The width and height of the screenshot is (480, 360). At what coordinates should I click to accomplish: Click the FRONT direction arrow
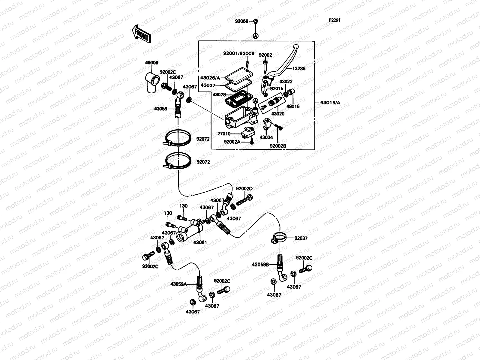(141, 34)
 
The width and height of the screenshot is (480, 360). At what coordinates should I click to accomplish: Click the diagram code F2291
(334, 20)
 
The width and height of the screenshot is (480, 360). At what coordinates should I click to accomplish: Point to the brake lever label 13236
(299, 68)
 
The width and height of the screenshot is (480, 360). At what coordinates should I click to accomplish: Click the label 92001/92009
(239, 54)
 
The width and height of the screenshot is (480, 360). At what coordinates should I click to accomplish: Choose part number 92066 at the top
(241, 21)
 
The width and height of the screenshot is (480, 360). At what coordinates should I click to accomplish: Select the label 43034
(266, 137)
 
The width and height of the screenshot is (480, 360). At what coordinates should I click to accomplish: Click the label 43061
(200, 242)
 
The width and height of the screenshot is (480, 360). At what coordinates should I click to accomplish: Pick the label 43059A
(179, 284)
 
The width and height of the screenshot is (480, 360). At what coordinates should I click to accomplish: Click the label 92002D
(244, 189)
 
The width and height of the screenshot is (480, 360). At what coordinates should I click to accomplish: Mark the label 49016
(293, 106)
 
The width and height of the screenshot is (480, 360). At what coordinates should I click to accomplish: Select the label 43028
(219, 94)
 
